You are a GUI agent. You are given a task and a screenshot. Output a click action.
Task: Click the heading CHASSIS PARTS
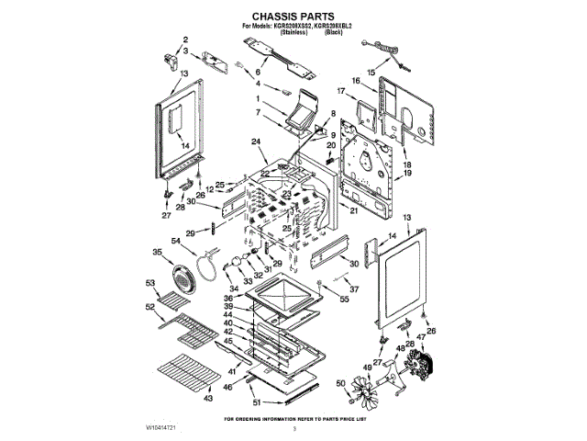(293, 17)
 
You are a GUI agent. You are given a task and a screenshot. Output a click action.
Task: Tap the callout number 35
(157, 252)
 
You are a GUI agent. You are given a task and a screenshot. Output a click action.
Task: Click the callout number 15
(371, 72)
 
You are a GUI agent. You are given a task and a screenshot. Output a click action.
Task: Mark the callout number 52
(150, 306)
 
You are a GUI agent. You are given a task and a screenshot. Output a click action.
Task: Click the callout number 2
(185, 40)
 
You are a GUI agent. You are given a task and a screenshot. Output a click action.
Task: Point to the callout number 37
(353, 287)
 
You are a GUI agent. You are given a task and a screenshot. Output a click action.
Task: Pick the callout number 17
(340, 91)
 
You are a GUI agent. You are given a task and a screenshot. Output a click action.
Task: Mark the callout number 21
(352, 210)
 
